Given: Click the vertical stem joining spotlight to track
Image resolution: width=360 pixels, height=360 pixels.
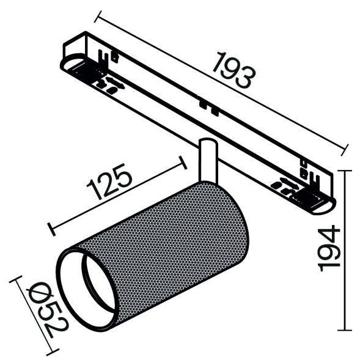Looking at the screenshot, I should click(x=207, y=160).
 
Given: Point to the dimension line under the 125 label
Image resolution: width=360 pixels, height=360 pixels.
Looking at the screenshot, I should click(x=116, y=196).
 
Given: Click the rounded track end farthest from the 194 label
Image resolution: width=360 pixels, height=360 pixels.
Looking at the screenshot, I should click(x=73, y=61).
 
